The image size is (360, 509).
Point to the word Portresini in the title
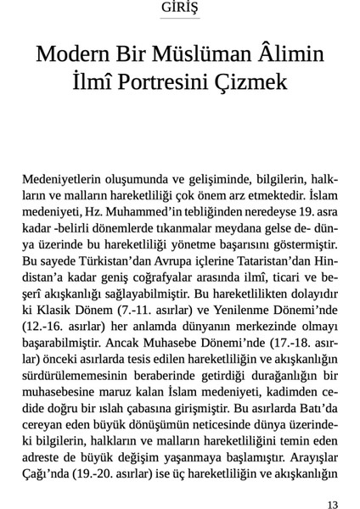pyautogui.click(x=171, y=84)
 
